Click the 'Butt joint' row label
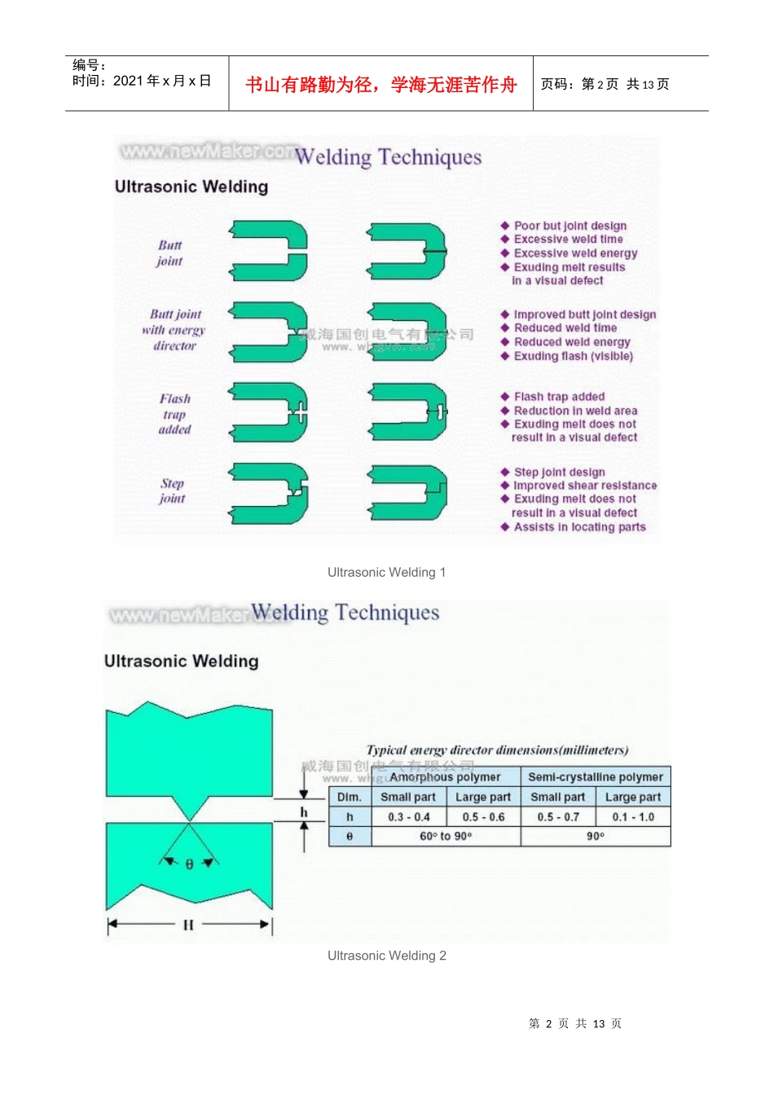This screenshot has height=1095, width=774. point(169,253)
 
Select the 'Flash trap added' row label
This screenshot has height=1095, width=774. point(175,414)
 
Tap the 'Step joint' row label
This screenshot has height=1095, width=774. point(172,490)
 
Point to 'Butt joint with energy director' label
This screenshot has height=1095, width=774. point(174,330)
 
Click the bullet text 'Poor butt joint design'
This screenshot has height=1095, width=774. point(570,226)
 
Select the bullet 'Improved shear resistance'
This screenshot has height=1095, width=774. point(584,486)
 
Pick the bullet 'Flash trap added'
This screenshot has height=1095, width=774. point(559,397)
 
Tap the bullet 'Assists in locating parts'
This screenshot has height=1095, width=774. point(579,527)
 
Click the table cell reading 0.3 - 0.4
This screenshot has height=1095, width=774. point(409,817)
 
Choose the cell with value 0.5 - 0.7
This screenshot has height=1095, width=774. point(558,817)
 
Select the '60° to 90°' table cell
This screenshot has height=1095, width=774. point(446,837)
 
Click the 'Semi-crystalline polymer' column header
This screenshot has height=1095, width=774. point(596,777)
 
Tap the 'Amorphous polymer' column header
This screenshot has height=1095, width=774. point(445,777)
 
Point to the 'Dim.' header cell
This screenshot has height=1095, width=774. point(350,798)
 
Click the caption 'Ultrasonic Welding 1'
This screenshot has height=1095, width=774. point(386,573)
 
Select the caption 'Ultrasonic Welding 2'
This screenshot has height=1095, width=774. point(386,956)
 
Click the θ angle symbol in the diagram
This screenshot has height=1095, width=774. point(189,864)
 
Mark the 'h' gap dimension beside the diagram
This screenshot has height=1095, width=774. point(304,812)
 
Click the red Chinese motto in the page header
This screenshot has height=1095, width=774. point(380,85)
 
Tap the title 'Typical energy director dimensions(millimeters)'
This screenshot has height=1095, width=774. point(497,750)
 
